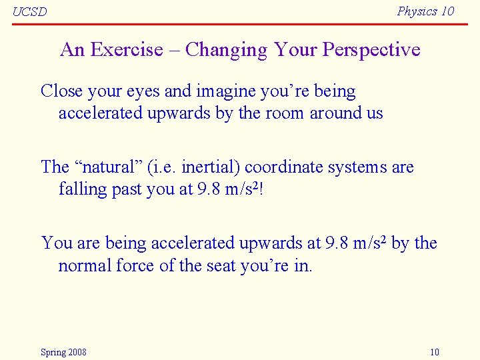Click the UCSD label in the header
pos(30,12)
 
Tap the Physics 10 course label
pos(425,11)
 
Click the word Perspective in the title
pos(371,50)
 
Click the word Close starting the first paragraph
pos(59,91)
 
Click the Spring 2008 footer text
pos(63,352)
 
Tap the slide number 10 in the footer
pos(435,352)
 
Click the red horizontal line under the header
pos(240,23)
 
